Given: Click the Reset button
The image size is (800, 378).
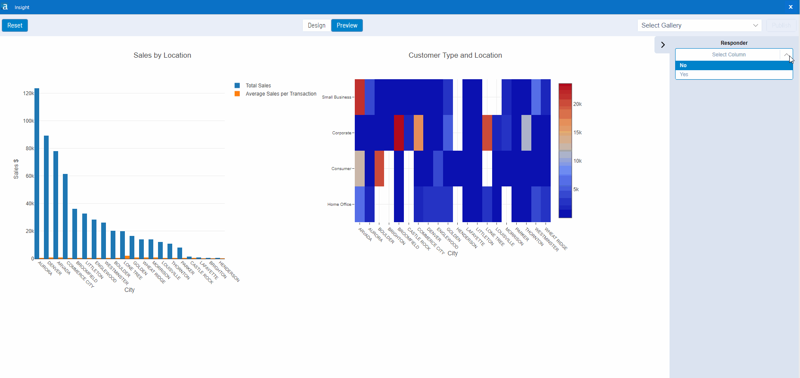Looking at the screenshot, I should coord(15,25).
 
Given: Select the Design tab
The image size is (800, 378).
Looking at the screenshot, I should coord(316,25).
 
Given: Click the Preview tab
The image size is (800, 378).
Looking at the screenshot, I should coord(347,25).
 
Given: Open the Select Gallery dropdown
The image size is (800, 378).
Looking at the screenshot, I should coord(699,25).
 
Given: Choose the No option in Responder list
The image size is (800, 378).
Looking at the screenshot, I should coord(734,65).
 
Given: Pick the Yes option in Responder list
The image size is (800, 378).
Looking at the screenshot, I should coord(734,74).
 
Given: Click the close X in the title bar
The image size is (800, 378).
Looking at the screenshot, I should coord(791,7).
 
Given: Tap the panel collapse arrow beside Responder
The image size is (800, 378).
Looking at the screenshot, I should coord(663,45).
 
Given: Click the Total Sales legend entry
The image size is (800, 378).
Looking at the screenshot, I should coord(258,86).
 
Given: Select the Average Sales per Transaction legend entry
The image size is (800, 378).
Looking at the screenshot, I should coord(281,94).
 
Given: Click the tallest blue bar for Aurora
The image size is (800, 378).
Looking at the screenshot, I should coord(37,172).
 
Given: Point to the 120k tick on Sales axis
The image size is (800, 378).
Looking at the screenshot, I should coord(28,93).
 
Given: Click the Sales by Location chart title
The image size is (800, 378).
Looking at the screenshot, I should coord(162,55).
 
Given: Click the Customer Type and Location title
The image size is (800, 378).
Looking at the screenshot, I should coord(455,55).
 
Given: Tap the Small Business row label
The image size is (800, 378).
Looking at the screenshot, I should coord(336,97).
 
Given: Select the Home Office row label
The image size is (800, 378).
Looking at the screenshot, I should coord(339,204).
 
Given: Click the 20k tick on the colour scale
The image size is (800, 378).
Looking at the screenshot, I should coord(577,104).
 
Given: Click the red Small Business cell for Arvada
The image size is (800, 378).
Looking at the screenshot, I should coord(360,97).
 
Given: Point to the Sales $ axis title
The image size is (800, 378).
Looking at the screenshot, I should coord(16,169).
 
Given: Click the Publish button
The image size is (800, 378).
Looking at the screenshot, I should coord(781,25).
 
